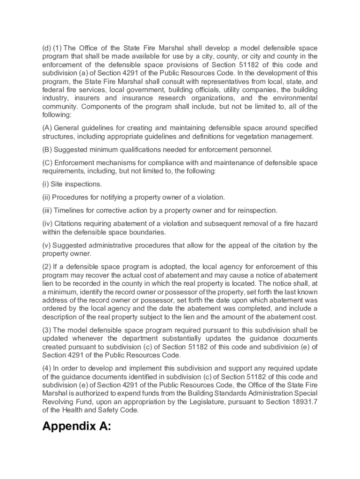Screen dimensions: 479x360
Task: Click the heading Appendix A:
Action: pyautogui.click(x=77, y=427)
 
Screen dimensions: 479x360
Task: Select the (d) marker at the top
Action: pyautogui.click(x=46, y=48)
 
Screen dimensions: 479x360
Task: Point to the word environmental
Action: pyautogui.click(x=294, y=98)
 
